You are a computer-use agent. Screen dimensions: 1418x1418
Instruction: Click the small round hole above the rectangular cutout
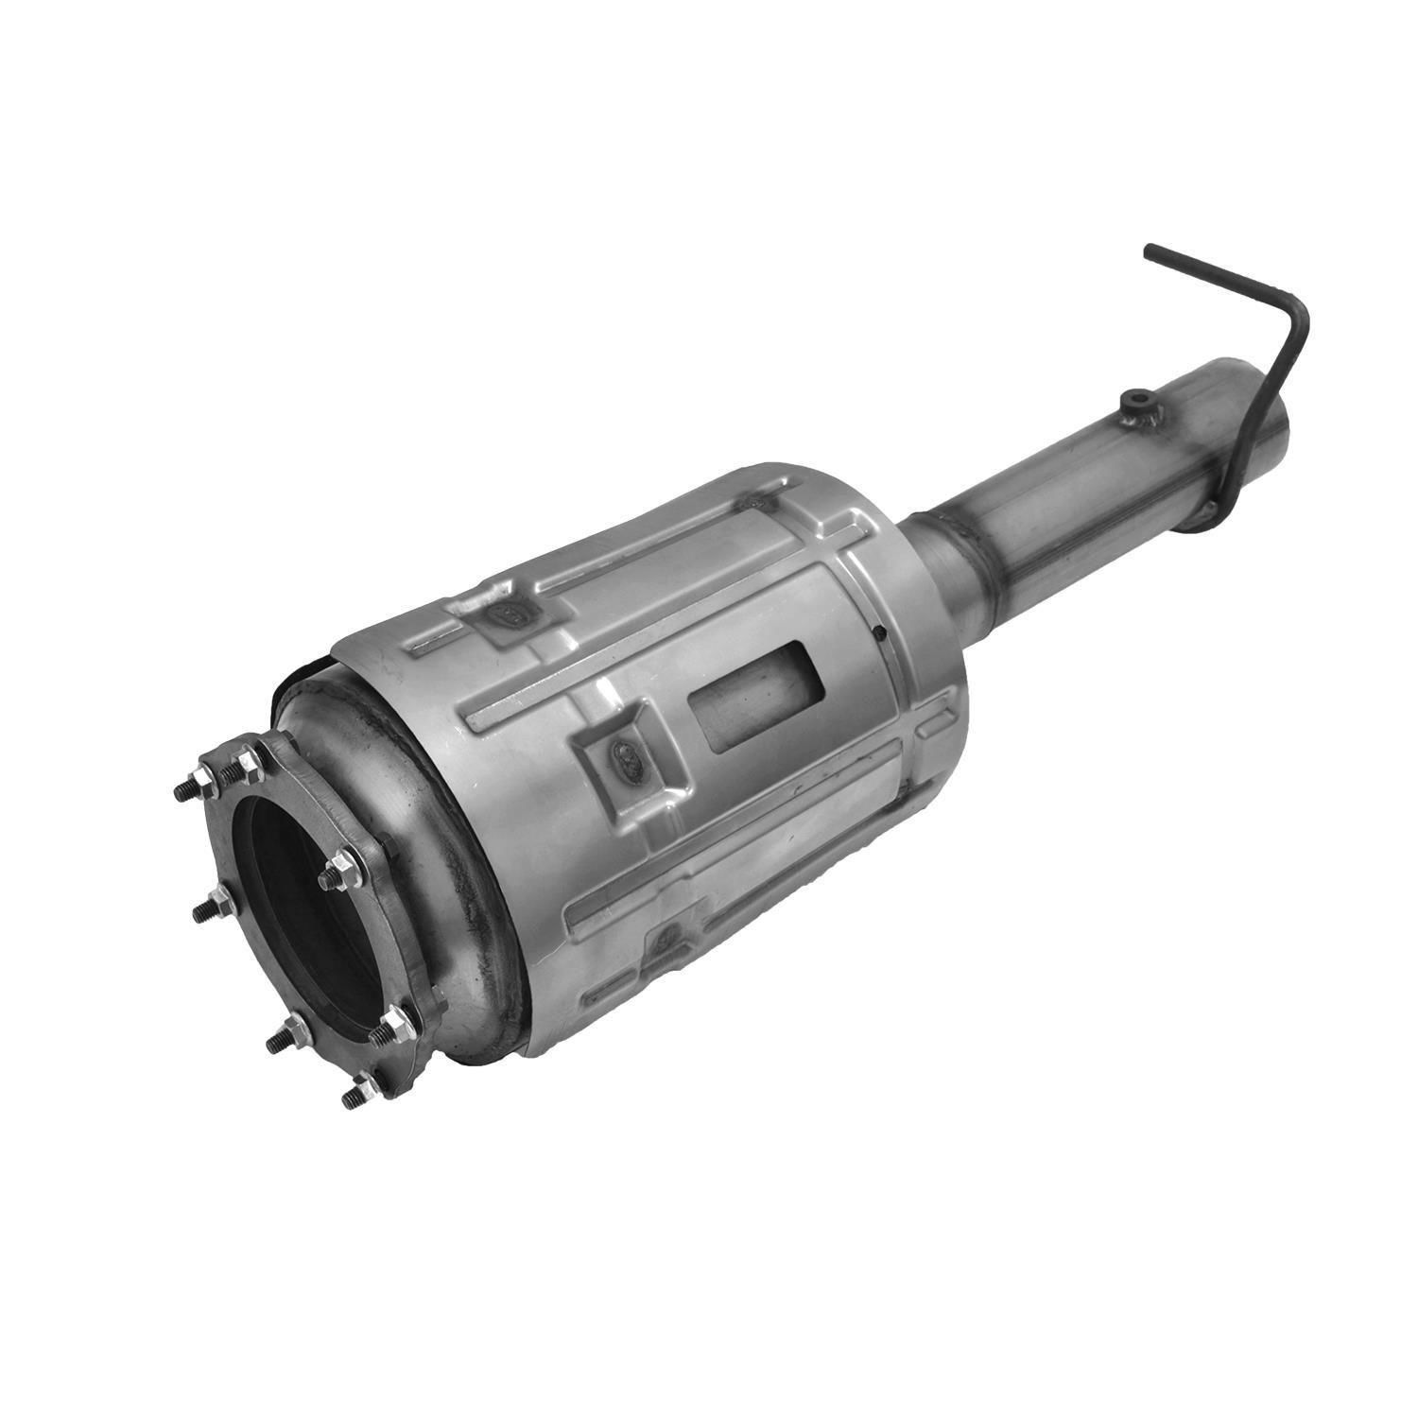pyautogui.click(x=878, y=633)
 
